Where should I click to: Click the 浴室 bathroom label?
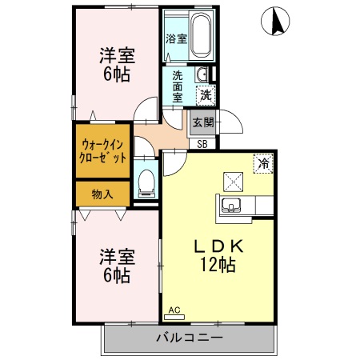coord(176,38)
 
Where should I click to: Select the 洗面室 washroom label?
coord(177,86)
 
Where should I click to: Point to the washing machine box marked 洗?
coord(206,94)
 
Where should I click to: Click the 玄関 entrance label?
coord(203,122)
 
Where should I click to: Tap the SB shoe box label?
coord(202,144)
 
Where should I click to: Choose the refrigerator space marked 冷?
coord(262,163)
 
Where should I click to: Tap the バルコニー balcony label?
coord(188,337)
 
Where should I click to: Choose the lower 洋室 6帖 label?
coord(116,266)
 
